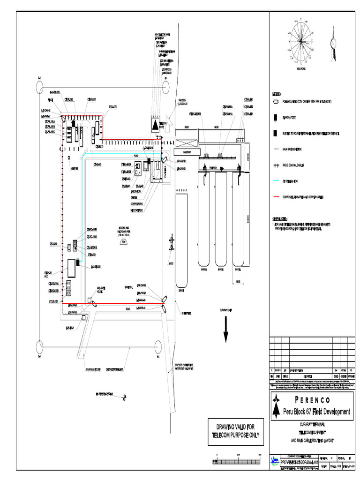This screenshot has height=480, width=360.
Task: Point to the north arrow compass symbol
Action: pos(333,43)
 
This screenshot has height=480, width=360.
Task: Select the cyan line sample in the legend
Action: pos(277,180)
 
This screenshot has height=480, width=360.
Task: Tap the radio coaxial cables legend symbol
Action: pos(277,165)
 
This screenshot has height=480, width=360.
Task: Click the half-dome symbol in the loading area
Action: pos(123,242)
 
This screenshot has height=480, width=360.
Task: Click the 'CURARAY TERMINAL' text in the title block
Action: pos(311,424)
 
